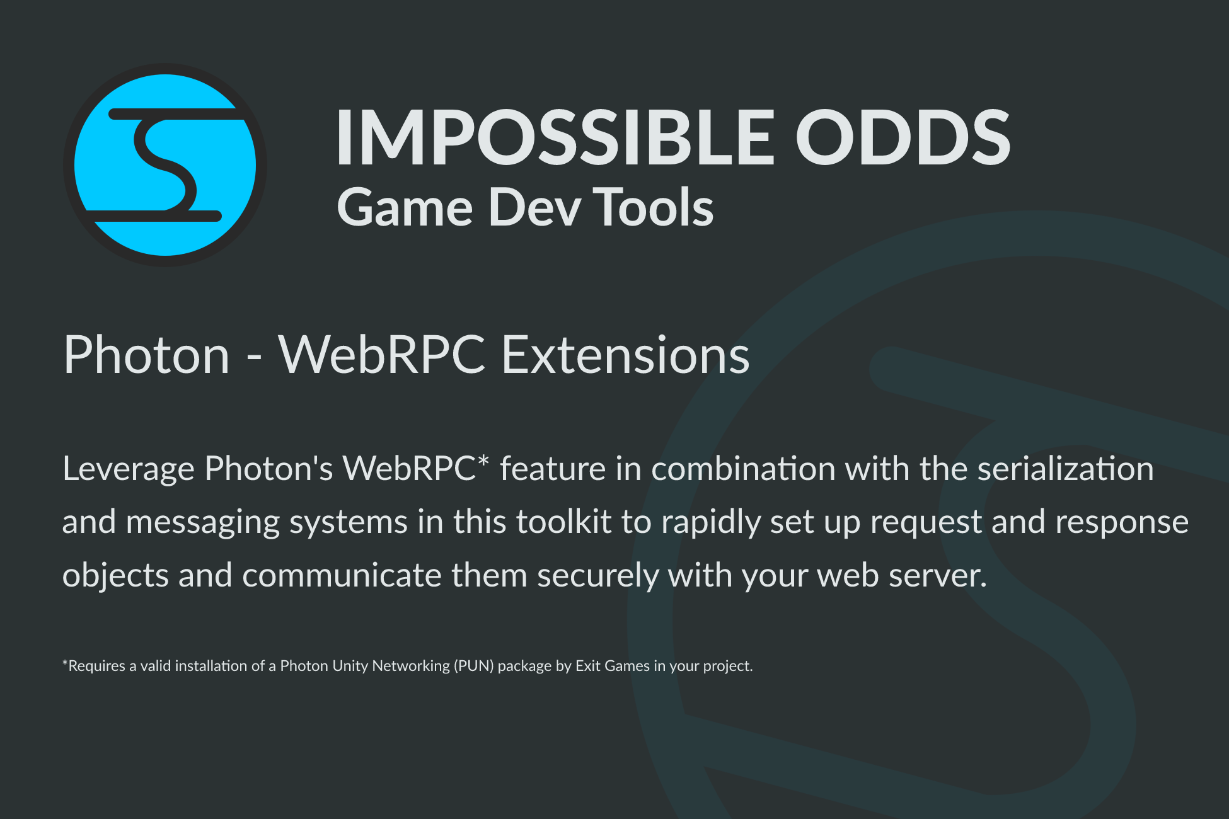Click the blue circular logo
pos(165,165)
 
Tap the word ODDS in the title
pos(903,137)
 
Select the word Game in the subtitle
pos(405,207)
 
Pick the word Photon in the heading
pos(147,355)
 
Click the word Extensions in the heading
pos(625,355)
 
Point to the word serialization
pos(1066,469)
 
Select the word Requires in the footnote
pos(96,666)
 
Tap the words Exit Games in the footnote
pos(613,665)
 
